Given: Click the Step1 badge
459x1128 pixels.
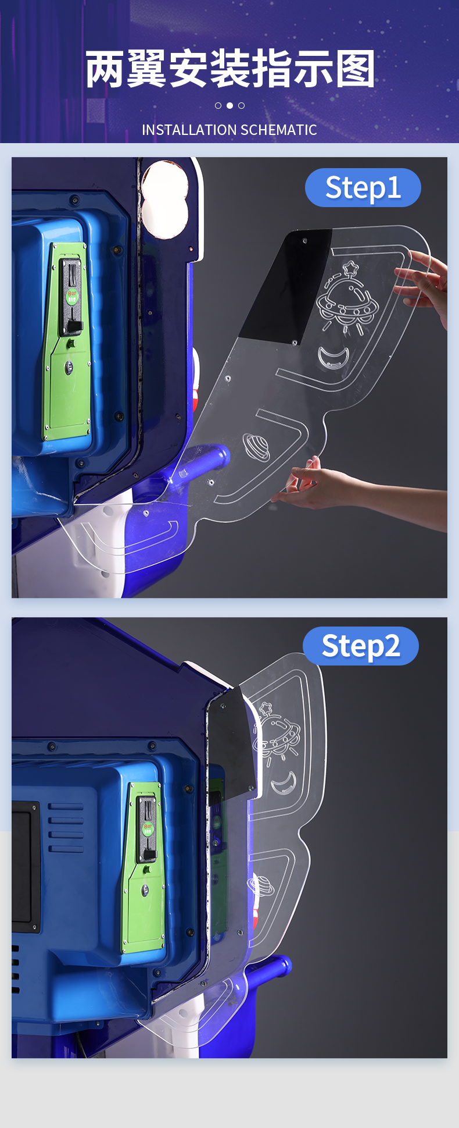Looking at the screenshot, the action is click(363, 187).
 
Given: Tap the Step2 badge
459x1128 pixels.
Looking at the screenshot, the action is click(361, 646).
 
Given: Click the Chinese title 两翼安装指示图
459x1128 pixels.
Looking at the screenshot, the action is click(230, 69).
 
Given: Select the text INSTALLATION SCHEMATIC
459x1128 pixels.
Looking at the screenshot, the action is click(229, 130).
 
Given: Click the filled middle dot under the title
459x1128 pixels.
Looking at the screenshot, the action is click(229, 105).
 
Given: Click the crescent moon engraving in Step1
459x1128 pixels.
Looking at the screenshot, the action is click(334, 357).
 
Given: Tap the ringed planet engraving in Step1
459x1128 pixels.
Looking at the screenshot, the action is click(256, 447).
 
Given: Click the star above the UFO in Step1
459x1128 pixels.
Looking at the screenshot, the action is click(350, 268).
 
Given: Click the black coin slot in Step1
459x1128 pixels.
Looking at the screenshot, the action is click(72, 297).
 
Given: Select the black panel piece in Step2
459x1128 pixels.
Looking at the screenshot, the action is click(232, 742).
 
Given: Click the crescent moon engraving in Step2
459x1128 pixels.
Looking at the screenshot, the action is click(284, 783).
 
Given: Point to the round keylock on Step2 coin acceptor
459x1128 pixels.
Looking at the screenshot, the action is click(145, 889).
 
